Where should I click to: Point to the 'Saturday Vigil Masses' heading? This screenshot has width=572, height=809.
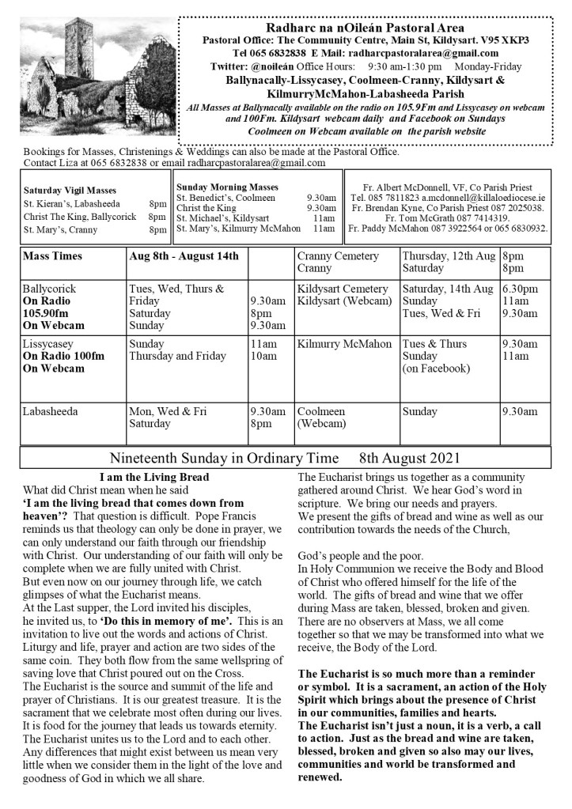tap(70, 191)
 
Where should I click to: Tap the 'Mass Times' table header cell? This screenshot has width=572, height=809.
tap(52, 256)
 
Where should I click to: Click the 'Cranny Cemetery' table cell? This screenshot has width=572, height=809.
tap(338, 256)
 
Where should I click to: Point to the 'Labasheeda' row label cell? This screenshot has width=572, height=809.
tap(50, 411)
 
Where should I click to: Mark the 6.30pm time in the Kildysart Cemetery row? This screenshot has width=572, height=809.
tap(518, 289)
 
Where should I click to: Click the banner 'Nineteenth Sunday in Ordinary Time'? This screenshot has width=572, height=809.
tap(224, 459)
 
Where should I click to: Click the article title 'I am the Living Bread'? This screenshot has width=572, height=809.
tap(154, 477)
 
